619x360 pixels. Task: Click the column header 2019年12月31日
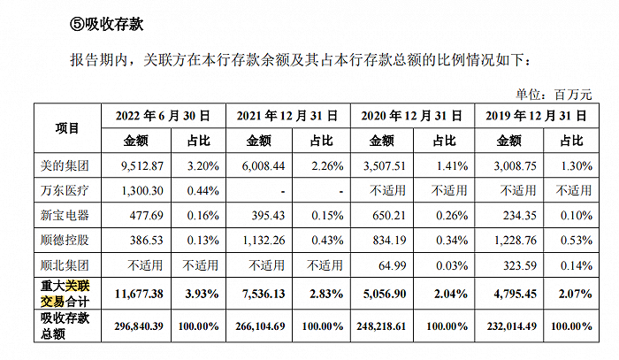(533, 115)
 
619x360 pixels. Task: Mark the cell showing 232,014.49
(510, 326)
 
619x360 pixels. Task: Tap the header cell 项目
(67, 127)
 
